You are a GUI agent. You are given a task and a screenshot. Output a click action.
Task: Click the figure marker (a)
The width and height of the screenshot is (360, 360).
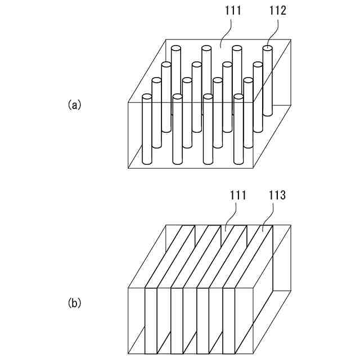(74, 105)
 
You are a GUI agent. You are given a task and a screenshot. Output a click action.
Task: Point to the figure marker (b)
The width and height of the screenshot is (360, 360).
(74, 303)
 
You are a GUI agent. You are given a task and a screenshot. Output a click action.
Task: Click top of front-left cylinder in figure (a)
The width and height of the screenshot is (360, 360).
(147, 97)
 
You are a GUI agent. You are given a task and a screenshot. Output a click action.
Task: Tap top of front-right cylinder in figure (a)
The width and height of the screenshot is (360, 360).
(238, 97)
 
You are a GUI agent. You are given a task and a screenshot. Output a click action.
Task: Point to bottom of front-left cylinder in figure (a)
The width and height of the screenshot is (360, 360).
(147, 162)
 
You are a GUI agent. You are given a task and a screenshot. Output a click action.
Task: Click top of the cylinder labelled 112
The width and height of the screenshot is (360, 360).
(269, 49)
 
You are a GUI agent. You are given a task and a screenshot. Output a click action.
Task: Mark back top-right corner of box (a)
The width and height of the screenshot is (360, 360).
(291, 40)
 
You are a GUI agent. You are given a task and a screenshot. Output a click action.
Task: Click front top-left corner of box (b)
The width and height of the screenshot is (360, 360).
(129, 290)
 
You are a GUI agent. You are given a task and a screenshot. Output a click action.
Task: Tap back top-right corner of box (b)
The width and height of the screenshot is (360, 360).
(291, 226)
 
